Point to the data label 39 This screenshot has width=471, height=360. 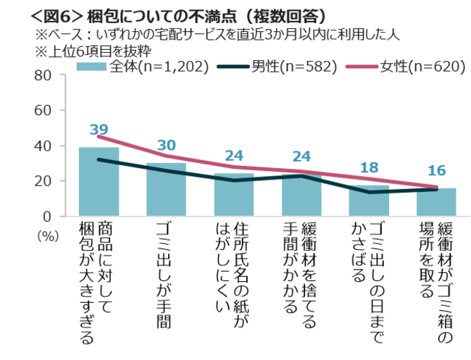[99, 130]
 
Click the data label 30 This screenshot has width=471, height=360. [166, 145]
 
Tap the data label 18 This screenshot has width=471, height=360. [368, 167]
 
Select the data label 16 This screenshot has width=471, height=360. [435, 171]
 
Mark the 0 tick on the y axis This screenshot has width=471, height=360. [46, 216]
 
